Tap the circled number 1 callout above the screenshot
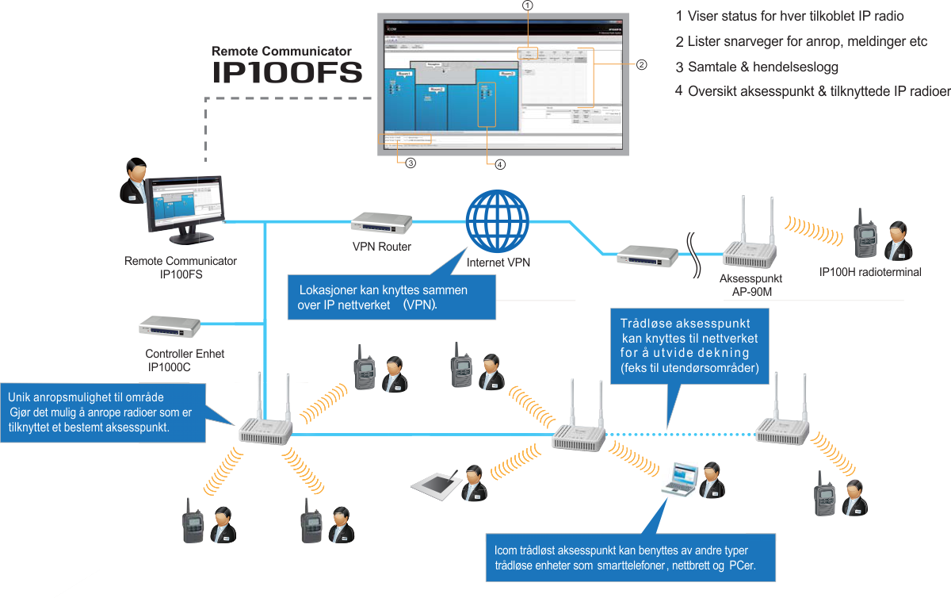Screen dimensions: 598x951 (528, 5)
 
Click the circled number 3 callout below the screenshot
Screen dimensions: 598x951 (410, 163)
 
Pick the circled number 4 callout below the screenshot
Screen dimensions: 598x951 (499, 164)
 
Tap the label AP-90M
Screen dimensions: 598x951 (750, 291)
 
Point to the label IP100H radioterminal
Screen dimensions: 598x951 (870, 273)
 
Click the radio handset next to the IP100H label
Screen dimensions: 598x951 (863, 234)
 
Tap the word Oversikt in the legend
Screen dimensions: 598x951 (712, 91)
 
